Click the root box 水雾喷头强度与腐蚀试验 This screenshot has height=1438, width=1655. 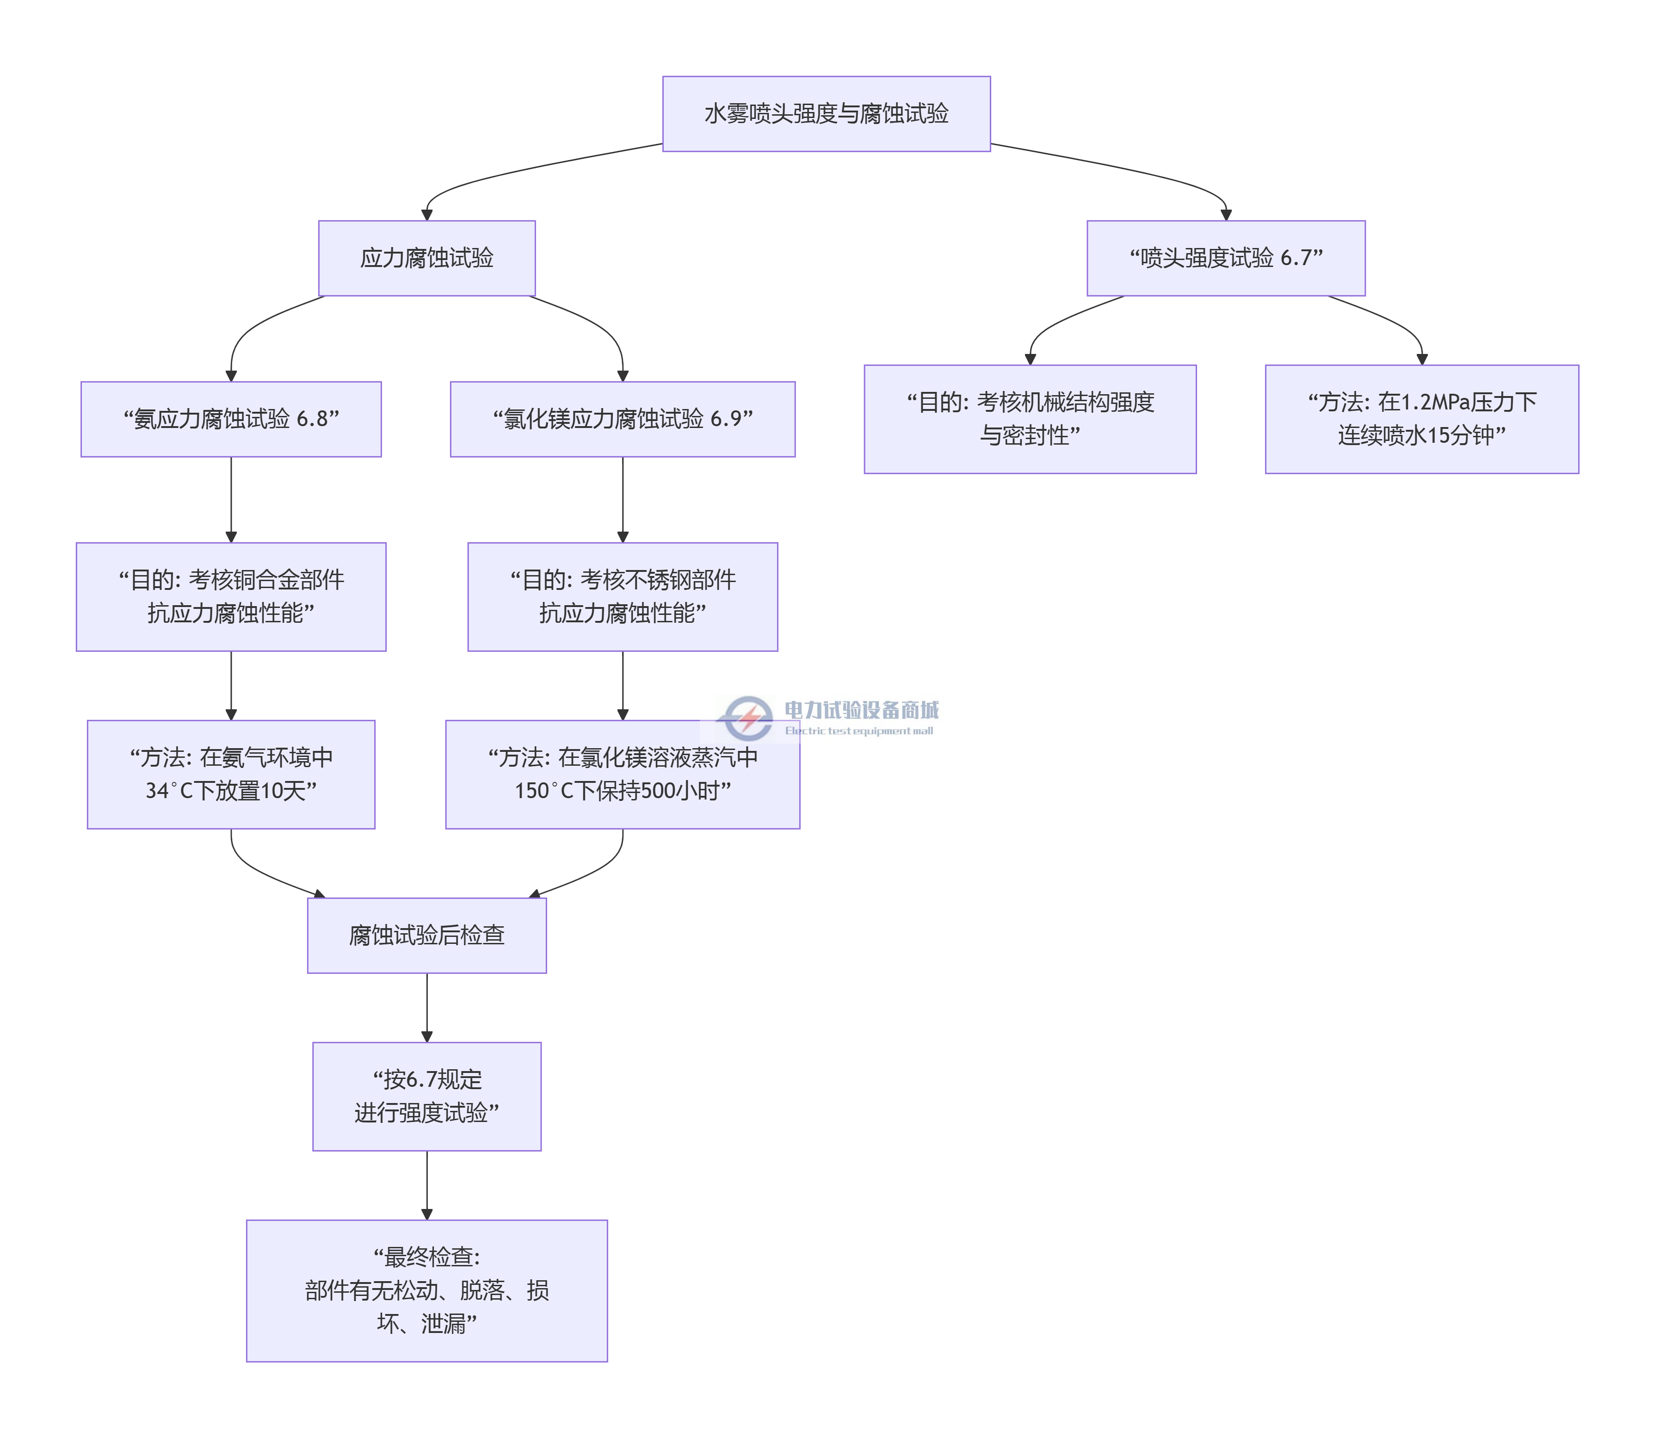[826, 114]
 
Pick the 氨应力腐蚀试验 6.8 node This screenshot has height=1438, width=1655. [231, 419]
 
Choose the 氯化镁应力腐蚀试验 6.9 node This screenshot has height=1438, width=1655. [623, 419]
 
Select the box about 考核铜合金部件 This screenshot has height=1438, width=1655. [231, 596]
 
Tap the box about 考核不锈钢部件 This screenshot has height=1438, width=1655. [623, 596]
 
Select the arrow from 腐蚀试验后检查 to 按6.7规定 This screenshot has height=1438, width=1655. [427, 1007]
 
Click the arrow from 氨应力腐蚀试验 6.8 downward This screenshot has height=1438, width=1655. [231, 499]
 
